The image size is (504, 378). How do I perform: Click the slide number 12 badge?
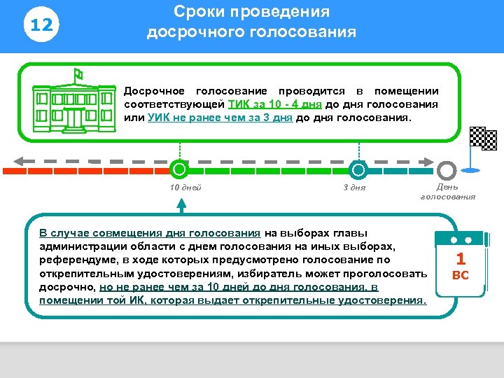coord(42,26)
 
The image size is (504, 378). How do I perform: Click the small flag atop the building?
coord(78,73)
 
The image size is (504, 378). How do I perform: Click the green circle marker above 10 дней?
coord(180,169)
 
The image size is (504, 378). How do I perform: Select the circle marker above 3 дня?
coord(358,169)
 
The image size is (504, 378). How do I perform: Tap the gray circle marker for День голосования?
coord(447,169)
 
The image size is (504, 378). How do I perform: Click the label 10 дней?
coord(185,188)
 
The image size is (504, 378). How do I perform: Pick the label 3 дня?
coord(354,188)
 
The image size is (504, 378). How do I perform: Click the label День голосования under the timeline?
coord(447,192)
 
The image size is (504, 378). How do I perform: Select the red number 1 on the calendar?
coord(460,259)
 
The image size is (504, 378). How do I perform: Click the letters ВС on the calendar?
coord(460,275)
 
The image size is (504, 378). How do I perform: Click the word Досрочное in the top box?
coord(154,91)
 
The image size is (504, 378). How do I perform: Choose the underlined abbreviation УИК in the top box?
coord(159,118)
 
